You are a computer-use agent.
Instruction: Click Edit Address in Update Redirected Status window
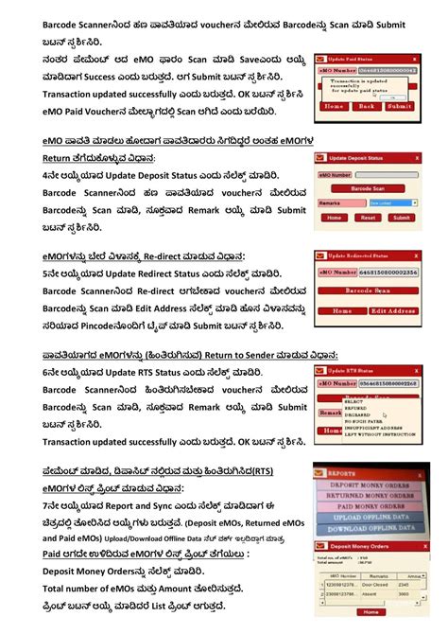point(392,309)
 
